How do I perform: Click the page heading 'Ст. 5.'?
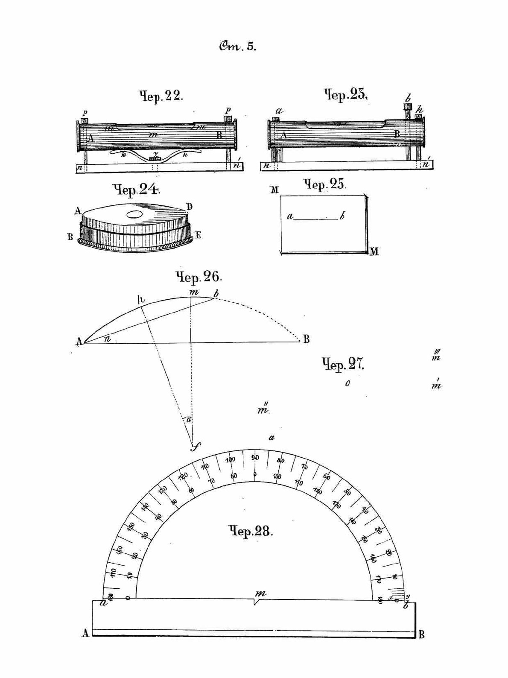coord(237,46)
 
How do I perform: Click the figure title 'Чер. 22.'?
coord(161,96)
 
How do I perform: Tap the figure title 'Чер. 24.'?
coord(136,189)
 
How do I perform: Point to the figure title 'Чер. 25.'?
coord(324,184)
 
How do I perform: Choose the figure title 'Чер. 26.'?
coord(199,277)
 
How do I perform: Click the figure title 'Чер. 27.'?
coord(342,364)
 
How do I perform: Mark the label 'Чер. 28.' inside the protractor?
coord(251,532)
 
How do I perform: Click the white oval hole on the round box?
coord(136,214)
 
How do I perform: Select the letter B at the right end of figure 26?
coord(306,340)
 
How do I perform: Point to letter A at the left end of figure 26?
coord(79,342)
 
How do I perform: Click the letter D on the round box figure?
coord(189,207)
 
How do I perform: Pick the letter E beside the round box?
coord(198,235)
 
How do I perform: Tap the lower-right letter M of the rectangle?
coord(374,252)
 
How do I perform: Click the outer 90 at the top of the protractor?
coord(255,457)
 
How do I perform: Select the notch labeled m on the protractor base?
coord(255,601)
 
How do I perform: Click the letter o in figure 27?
coord(347,384)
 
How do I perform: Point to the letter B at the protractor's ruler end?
coord(421,634)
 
